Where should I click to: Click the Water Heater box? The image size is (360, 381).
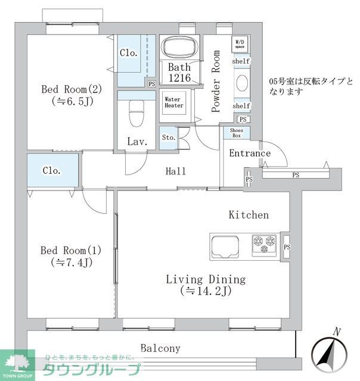(x=173, y=102)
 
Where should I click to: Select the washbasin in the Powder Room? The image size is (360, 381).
(x=241, y=83)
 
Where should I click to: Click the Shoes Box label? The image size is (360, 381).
(x=236, y=132)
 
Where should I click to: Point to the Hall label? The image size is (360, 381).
(x=175, y=171)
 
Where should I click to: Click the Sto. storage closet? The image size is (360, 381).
(x=168, y=138)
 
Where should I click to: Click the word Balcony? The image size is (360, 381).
(x=160, y=348)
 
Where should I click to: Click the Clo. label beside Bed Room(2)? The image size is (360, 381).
(x=129, y=53)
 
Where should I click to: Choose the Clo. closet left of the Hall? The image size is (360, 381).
(x=52, y=171)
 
